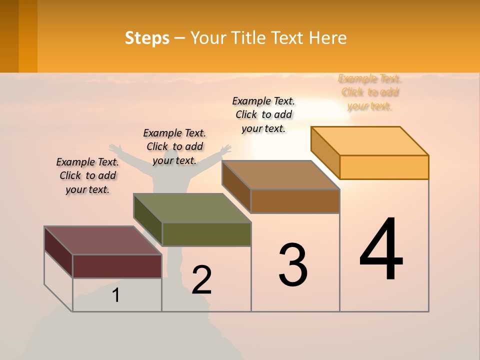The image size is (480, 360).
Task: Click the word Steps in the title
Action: (147, 38)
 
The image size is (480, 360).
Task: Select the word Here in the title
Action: (328, 38)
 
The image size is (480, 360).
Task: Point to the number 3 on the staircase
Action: (293, 265)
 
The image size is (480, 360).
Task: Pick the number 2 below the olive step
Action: (201, 280)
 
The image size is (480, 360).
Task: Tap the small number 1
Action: (116, 295)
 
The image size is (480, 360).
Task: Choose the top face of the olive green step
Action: (192, 208)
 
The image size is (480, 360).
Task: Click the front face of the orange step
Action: (384, 167)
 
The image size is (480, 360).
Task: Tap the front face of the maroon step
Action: (117, 266)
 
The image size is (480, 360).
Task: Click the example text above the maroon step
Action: (87, 175)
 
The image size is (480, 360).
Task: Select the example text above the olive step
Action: (174, 146)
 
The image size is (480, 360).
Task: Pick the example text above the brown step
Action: (263, 114)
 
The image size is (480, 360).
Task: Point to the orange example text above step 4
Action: (370, 92)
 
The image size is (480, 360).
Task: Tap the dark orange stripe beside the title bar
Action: (28, 36)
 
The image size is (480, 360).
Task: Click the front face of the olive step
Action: (206, 234)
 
